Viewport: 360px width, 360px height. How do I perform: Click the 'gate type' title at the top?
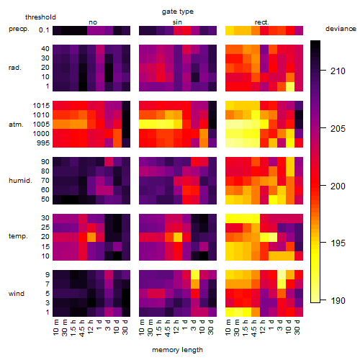coord(178,12)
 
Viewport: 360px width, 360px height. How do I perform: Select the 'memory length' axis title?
coord(177,350)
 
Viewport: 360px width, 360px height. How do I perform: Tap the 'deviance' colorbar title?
coord(341,29)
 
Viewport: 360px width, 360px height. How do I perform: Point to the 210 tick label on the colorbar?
coord(338,71)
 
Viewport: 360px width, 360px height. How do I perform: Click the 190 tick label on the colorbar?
coord(338,300)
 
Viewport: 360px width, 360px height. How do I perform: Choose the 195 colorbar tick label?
coord(338,243)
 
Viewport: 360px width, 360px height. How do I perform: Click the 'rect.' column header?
coord(262,22)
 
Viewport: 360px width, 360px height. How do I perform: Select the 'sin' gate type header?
coord(177,22)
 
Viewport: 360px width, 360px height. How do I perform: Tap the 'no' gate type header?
coord(93,22)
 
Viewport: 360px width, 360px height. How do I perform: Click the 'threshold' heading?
coord(40,17)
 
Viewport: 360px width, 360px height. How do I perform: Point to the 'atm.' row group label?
coord(16,125)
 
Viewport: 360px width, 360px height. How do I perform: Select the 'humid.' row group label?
coord(20,180)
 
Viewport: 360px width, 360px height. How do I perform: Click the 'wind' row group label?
coord(17,293)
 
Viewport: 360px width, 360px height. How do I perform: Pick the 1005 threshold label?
coord(41,125)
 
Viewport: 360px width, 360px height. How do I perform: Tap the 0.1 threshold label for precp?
coord(44,30)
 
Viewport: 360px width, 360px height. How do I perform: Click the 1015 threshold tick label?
coord(41,105)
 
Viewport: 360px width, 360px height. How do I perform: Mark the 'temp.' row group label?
coord(18,236)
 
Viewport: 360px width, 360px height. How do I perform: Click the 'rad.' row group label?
coord(15,68)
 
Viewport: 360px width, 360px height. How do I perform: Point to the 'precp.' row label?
coord(19,30)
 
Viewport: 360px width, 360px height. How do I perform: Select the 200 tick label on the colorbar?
coord(338,186)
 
